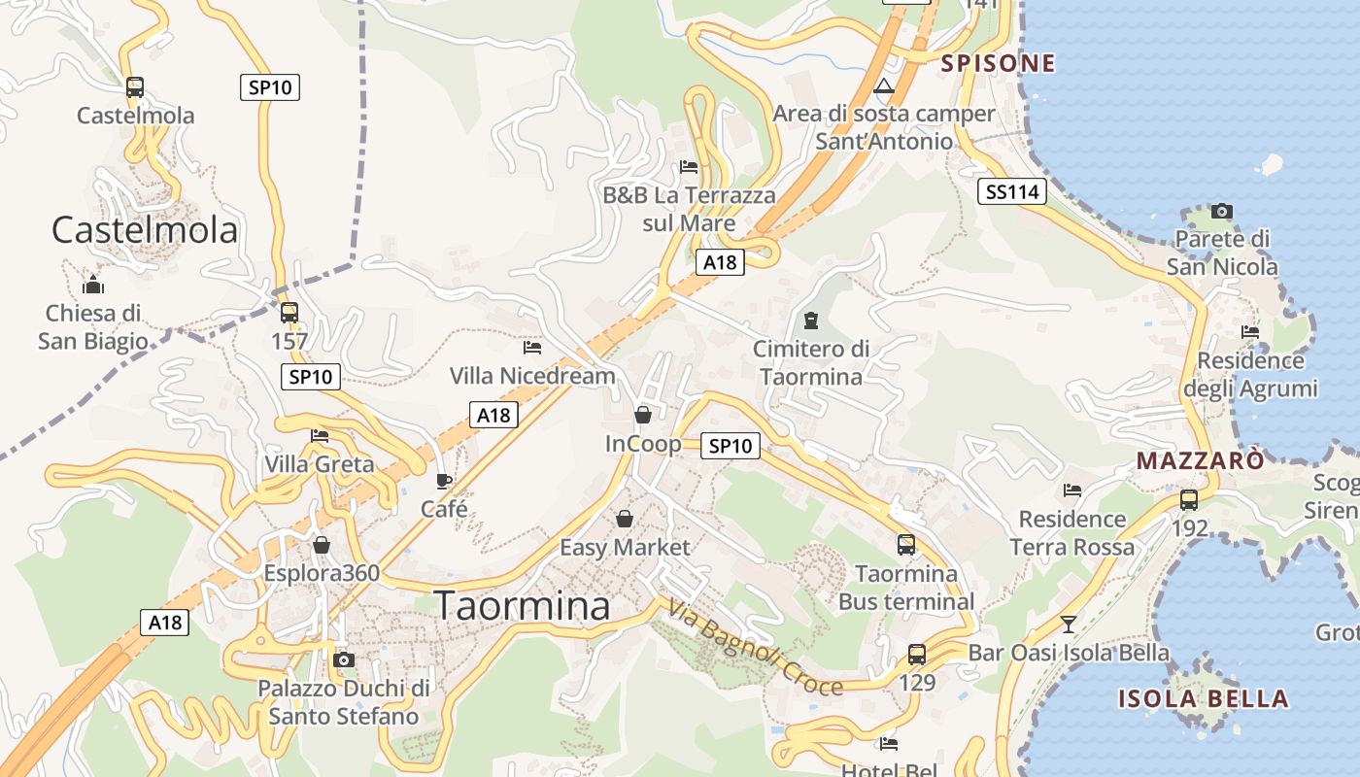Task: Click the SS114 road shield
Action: click(x=1012, y=192)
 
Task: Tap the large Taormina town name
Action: click(x=522, y=605)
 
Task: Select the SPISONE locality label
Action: click(x=998, y=64)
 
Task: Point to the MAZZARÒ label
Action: click(x=1201, y=460)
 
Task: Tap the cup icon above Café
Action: click(x=444, y=481)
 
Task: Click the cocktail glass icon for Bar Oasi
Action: click(x=1069, y=624)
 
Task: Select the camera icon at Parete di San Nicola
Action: click(x=1221, y=211)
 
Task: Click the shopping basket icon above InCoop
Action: click(x=642, y=416)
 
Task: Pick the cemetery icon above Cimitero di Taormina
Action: click(x=810, y=321)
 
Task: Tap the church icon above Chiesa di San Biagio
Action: click(x=93, y=285)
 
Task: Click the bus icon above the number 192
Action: click(x=1189, y=500)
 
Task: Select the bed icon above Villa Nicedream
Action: click(x=531, y=347)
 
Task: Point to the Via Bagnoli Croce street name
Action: click(x=755, y=648)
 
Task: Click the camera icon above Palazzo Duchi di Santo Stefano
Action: click(x=343, y=660)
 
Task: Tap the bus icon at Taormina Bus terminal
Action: click(x=906, y=545)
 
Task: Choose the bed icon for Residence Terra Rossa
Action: click(x=1072, y=490)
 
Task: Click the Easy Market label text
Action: click(x=625, y=548)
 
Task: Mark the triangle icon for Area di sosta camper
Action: click(x=883, y=86)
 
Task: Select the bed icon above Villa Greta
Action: click(x=320, y=436)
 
